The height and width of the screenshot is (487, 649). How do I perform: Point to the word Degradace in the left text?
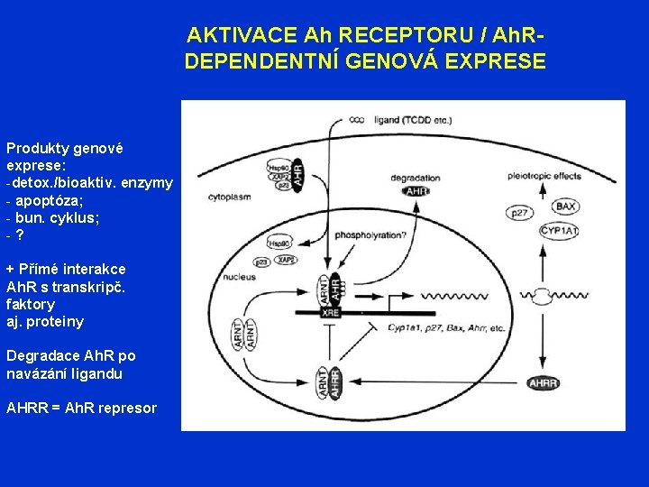[x=41, y=355]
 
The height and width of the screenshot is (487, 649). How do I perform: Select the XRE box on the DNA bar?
[x=332, y=311]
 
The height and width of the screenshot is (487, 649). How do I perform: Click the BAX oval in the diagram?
[x=566, y=207]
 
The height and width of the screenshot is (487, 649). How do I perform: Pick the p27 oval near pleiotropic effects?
[x=518, y=213]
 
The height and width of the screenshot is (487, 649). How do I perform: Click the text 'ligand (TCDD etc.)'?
[x=412, y=119]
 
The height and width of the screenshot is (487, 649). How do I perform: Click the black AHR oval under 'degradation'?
[x=416, y=191]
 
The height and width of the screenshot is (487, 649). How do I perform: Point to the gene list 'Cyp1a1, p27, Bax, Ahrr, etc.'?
[x=446, y=329]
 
